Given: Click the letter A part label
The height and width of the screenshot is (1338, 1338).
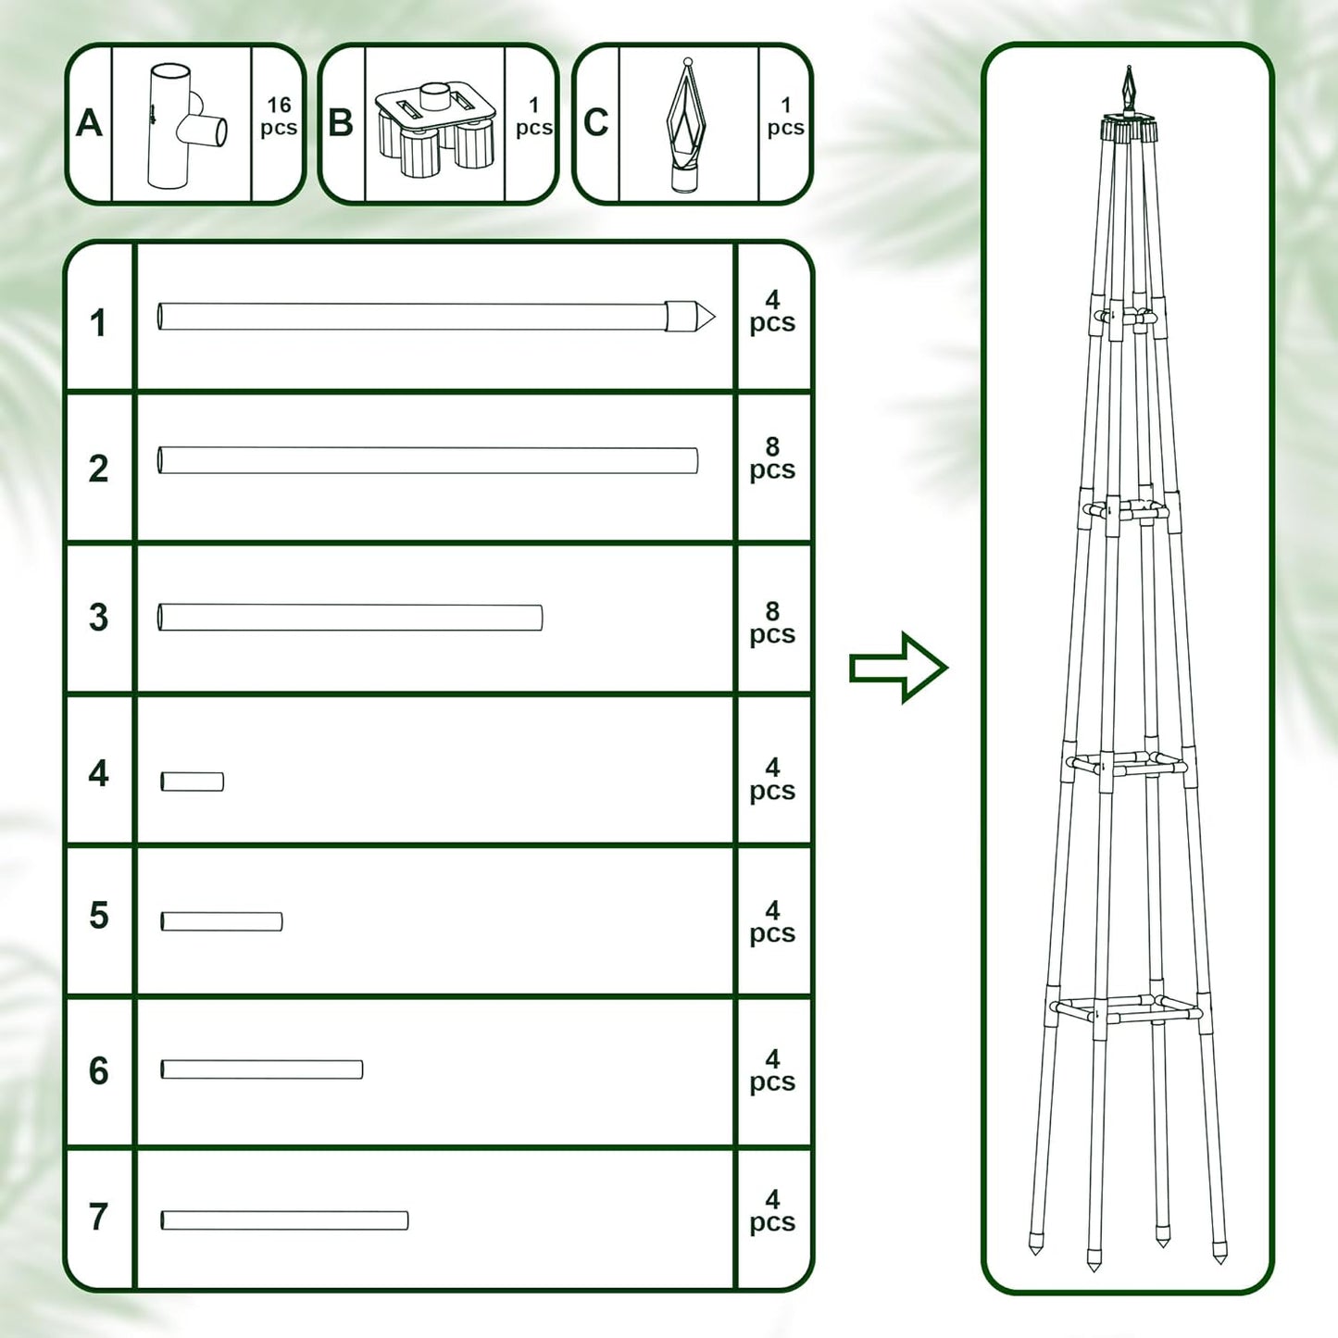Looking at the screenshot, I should pos(89,123).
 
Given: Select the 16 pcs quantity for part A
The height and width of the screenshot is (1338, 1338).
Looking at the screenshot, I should pos(279,118).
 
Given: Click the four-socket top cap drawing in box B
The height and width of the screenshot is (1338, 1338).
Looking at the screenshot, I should pos(435,128).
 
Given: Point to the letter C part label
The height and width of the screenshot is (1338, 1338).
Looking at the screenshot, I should pos(595,123).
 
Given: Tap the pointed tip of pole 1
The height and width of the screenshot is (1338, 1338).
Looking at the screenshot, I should pos(704,317).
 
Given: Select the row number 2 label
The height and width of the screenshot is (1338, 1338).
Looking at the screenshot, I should pos(98,469).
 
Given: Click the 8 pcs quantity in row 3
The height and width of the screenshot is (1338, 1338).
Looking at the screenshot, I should pos(772,623).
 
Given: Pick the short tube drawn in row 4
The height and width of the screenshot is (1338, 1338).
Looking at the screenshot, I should pos(193,782).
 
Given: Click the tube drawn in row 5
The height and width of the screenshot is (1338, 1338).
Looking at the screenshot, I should pos(221,921).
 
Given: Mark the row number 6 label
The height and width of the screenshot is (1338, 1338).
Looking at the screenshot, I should pos(98,1071).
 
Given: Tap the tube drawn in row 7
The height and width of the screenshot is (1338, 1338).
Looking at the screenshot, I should pos(284,1220).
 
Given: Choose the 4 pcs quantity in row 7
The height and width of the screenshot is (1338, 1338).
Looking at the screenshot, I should pos(772,1211).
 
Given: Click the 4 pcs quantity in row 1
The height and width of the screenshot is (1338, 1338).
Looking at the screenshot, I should pos(772,311).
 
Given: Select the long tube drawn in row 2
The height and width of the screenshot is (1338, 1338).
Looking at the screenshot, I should pos(428,460).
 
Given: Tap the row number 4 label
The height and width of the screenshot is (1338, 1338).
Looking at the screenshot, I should pos(98,773).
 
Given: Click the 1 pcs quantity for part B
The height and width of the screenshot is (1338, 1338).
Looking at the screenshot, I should pos(533,118).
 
